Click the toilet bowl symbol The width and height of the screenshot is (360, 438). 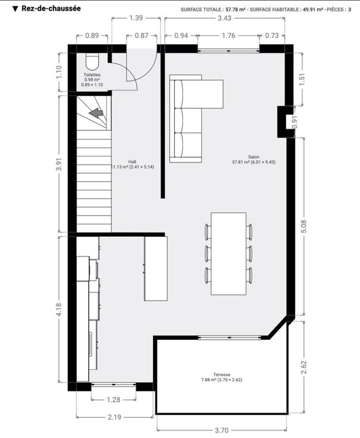click(92, 61)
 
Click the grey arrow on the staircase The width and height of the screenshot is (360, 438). click(96, 113)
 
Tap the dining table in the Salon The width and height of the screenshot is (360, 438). click(228, 254)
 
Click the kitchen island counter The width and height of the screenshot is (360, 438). click(156, 268)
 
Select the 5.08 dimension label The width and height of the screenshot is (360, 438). click(304, 226)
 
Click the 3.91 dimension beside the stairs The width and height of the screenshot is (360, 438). click(59, 164)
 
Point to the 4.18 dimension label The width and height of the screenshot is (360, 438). click(59, 309)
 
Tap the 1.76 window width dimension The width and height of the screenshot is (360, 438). click(228, 36)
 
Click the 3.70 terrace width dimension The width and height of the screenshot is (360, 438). click(223, 430)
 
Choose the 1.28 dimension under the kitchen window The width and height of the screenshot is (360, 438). click(114, 400)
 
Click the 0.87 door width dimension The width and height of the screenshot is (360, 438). click(142, 36)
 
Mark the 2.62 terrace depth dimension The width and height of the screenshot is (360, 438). click(304, 367)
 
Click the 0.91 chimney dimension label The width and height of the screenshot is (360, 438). click(295, 122)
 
